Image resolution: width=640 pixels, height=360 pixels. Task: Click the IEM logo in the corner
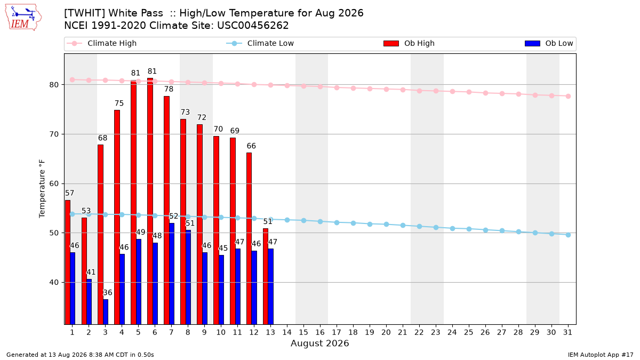coord(23,18)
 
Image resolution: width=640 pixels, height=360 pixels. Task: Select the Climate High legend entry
coord(101,43)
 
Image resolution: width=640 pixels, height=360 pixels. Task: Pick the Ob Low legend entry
coord(549,43)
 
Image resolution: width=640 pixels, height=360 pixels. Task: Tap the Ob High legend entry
coord(409,43)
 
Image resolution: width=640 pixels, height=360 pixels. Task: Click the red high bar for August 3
coord(101,235)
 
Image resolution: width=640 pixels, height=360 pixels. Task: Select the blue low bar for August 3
coord(106,311)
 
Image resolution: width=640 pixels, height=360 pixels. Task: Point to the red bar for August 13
coord(266,276)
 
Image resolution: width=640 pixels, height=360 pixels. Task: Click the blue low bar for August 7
coord(172,274)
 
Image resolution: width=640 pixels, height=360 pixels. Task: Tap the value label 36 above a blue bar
coord(107,293)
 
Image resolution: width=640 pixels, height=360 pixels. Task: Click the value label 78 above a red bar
coord(169,89)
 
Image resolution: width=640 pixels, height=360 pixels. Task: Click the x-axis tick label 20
coord(386,333)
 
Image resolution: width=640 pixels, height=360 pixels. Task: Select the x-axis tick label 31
coord(567,333)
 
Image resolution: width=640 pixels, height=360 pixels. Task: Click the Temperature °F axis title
coord(42,189)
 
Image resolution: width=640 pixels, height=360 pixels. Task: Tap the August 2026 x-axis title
coord(319,343)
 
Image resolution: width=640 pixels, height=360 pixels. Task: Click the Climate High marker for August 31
coord(568,97)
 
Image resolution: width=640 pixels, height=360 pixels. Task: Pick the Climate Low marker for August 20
coord(386,225)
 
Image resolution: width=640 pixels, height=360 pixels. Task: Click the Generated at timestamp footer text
coord(80,355)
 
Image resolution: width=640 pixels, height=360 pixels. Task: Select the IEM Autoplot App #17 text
coord(601,355)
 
